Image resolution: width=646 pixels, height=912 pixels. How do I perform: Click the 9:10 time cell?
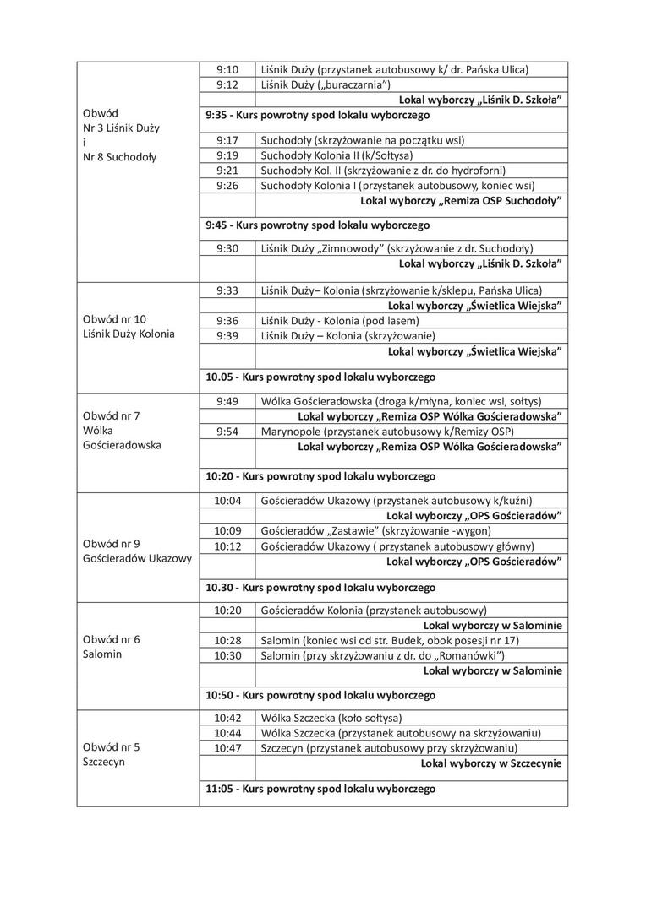(x=227, y=69)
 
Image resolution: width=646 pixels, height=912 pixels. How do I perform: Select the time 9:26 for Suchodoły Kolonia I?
(x=227, y=186)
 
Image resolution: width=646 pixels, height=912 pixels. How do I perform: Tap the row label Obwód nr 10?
(x=114, y=319)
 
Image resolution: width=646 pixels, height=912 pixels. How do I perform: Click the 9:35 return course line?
(x=317, y=115)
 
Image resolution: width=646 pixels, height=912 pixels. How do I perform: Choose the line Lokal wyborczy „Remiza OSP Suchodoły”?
(x=462, y=201)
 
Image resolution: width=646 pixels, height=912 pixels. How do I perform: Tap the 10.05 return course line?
(x=320, y=377)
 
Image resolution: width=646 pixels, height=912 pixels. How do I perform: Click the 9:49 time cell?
(x=227, y=401)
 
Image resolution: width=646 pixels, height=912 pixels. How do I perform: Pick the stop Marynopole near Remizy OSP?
(x=387, y=432)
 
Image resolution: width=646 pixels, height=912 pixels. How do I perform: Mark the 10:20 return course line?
(x=320, y=476)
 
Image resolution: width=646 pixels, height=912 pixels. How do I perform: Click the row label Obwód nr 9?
(x=112, y=544)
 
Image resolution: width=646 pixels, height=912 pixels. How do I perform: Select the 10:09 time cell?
(x=227, y=531)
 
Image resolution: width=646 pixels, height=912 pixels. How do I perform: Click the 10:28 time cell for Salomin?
(x=227, y=641)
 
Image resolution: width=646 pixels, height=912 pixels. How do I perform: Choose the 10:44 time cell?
(x=227, y=733)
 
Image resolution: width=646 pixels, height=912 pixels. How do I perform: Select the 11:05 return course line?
(x=320, y=789)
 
